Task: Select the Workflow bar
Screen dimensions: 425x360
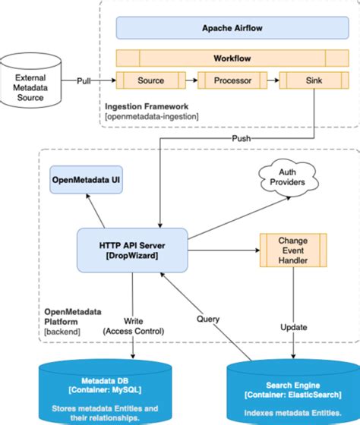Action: point(222,58)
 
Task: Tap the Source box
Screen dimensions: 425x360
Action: point(150,80)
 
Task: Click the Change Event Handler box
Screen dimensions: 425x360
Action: point(293,248)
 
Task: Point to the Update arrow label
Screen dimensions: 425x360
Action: point(293,327)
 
